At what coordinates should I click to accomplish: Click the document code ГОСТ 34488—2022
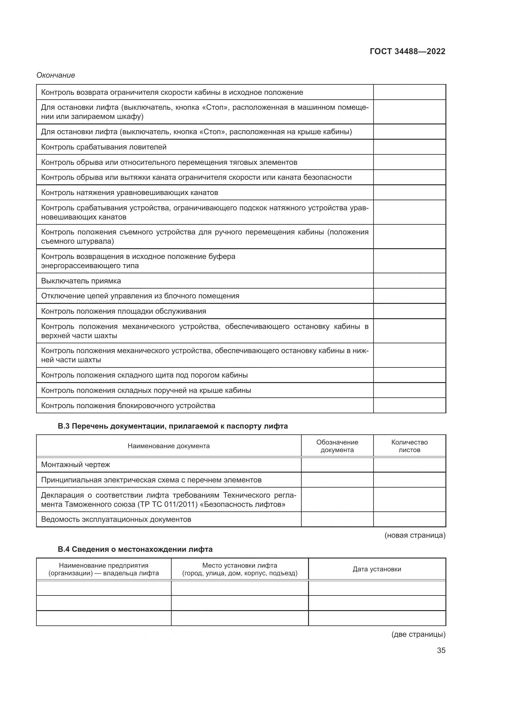(x=407, y=51)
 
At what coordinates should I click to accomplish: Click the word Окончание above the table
(x=56, y=75)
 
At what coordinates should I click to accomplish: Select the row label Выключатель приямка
(x=81, y=281)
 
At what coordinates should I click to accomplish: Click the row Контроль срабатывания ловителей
(x=104, y=147)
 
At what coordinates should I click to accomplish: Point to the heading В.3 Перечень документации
(x=173, y=426)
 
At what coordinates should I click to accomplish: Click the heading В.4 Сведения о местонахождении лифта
(x=135, y=549)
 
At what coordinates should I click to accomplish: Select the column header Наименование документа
(x=169, y=446)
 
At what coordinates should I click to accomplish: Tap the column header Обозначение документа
(x=337, y=446)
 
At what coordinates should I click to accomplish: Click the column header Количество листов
(x=409, y=446)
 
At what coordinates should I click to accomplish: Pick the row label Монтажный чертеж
(x=76, y=465)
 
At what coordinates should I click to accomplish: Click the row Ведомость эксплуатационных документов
(x=116, y=519)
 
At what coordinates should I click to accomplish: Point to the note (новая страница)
(x=415, y=535)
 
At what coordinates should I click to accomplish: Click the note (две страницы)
(x=418, y=634)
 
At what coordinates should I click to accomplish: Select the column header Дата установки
(x=377, y=569)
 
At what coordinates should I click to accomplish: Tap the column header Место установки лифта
(x=240, y=569)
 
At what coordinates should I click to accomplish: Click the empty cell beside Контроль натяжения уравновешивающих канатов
(x=409, y=193)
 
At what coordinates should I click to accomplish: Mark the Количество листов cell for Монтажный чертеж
(x=409, y=465)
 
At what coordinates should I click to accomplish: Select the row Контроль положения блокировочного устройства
(x=128, y=405)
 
